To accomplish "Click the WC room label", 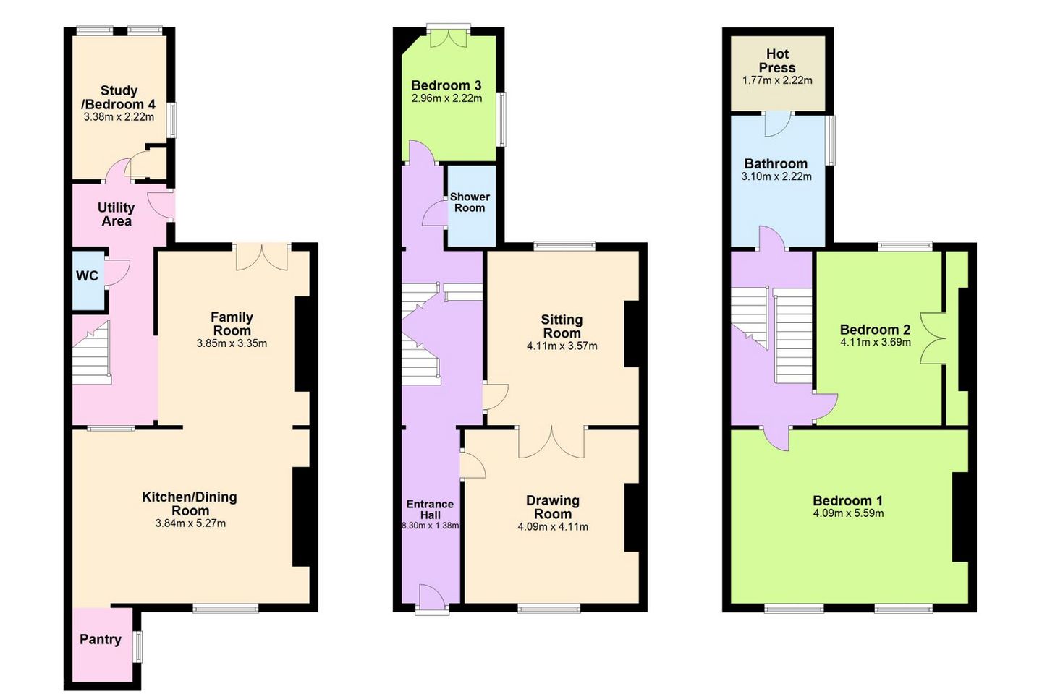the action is (87, 275).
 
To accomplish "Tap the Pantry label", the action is (101, 640).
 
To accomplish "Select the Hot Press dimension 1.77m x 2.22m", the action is (777, 80).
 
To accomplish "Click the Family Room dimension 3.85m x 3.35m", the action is (232, 344).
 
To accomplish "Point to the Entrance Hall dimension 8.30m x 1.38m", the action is (431, 526).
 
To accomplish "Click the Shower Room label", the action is (470, 202).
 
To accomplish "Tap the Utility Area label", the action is (117, 214).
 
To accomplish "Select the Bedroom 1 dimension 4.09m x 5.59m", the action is (847, 513).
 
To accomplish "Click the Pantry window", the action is (138, 646).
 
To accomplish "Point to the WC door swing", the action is (117, 273).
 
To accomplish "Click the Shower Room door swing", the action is (434, 214).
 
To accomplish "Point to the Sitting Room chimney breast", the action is (632, 334).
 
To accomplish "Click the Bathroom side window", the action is (830, 140).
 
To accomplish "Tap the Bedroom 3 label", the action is (446, 85).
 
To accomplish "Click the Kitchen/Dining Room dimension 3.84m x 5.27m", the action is (190, 523).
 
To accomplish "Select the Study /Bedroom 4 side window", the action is (171, 120).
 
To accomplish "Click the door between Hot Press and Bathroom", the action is (778, 124).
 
